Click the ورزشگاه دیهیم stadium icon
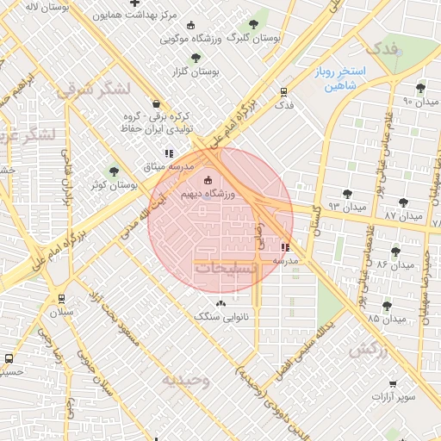207,181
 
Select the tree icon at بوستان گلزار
196,58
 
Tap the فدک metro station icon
283,91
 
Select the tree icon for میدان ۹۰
420,88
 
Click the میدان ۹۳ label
348,208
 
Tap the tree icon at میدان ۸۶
395,252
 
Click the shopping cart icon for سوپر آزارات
394,383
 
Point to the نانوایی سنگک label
221,317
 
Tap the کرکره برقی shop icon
154,102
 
